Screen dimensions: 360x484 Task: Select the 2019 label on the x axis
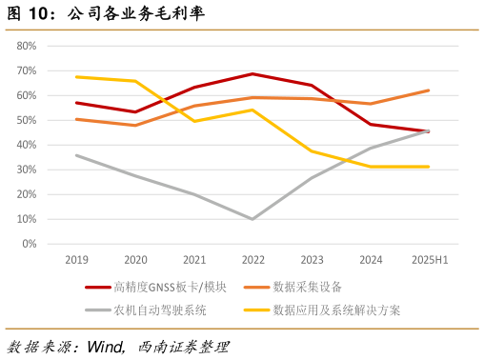(x=76, y=259)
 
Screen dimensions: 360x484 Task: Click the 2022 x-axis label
(x=252, y=259)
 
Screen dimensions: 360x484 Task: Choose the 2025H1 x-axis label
(x=428, y=259)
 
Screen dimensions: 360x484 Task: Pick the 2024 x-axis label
(x=370, y=259)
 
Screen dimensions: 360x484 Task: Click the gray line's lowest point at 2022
(x=252, y=219)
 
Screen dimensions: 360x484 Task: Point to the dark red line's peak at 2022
(x=252, y=73)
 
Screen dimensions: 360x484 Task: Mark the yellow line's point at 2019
(x=76, y=77)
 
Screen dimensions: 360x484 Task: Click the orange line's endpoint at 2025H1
(x=429, y=90)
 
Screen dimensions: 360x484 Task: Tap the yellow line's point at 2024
(x=370, y=167)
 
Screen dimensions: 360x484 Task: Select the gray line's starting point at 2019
(x=76, y=155)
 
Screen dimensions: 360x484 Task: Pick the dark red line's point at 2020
(x=135, y=111)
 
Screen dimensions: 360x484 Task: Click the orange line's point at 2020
(x=135, y=125)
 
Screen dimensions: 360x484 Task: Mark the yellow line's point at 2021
(x=194, y=121)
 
